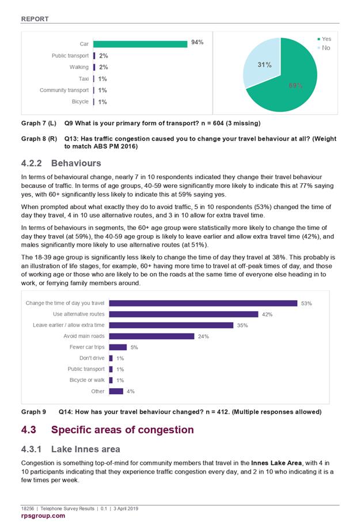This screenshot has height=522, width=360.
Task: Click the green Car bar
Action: [140, 44]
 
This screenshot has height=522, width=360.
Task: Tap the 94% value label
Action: [198, 42]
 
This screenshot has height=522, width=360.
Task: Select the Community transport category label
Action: [64, 90]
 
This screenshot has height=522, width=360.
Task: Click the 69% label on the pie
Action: [295, 85]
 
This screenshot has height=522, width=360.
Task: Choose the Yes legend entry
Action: [324, 39]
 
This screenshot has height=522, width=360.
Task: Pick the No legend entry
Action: [324, 48]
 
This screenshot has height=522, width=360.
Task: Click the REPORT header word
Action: [35, 19]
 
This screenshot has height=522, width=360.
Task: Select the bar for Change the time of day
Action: [203, 303]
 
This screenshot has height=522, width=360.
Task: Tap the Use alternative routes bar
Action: [184, 314]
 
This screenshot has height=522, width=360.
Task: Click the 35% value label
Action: [242, 326]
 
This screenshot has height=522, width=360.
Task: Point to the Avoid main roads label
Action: [84, 336]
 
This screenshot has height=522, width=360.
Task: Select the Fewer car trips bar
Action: [118, 347]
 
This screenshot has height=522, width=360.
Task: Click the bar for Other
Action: [116, 391]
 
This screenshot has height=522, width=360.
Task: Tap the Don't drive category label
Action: [92, 358]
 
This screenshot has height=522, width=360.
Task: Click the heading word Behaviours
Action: [76, 163]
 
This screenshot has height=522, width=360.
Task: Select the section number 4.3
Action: [29, 430]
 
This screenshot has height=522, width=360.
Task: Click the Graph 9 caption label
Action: [33, 412]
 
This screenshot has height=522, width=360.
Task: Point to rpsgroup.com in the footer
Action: [43, 516]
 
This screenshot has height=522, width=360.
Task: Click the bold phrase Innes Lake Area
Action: [276, 463]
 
